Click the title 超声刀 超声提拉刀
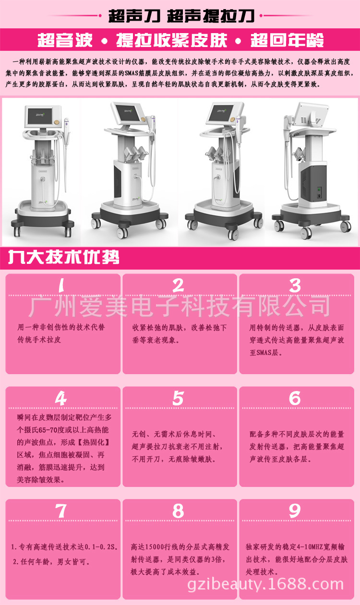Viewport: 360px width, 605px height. coord(181,16)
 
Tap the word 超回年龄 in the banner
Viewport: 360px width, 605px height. coord(287,40)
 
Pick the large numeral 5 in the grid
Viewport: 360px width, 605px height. coord(179,398)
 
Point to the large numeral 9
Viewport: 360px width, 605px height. coord(295,511)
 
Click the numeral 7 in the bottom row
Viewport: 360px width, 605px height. coord(61,511)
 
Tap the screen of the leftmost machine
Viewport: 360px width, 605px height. coord(40,116)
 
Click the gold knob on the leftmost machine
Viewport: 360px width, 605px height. coord(57,122)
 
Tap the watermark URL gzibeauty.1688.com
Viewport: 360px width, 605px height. coord(265,584)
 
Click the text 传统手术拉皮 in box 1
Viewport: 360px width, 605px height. coord(39,340)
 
